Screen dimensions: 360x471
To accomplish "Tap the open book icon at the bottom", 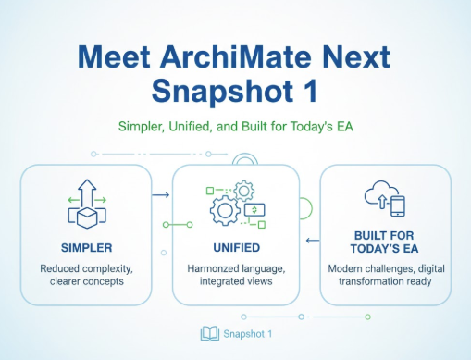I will [x=208, y=333].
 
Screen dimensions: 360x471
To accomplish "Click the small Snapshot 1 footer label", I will [x=247, y=333].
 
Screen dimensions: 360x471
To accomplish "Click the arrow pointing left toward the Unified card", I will [x=311, y=243].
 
